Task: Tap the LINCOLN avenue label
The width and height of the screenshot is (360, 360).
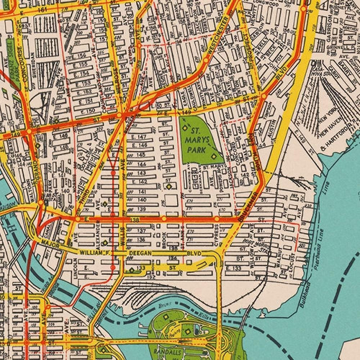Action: coord(77,263)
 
